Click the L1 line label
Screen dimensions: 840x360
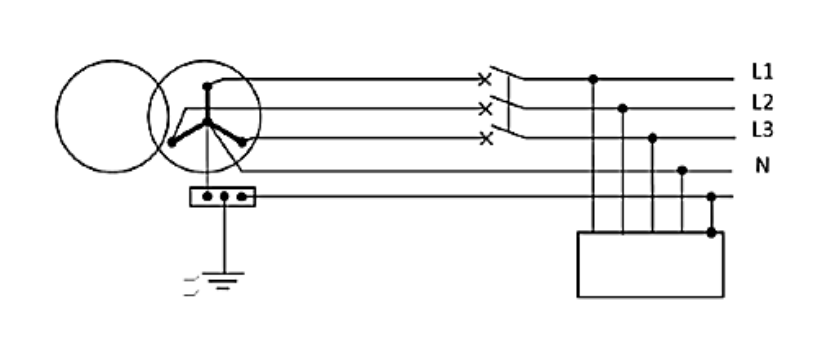click(x=762, y=71)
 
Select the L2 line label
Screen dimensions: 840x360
click(x=762, y=101)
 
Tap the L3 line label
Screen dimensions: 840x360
click(x=762, y=130)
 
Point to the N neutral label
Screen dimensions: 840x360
click(x=762, y=166)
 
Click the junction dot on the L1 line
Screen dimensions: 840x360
click(x=593, y=79)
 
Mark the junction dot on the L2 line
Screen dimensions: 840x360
click(x=622, y=108)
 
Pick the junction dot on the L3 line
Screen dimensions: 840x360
click(x=652, y=138)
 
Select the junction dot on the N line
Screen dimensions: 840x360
click(x=682, y=170)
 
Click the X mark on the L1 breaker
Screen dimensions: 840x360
click(x=484, y=80)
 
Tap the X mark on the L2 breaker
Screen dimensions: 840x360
click(x=485, y=109)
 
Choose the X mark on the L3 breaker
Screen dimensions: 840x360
click(x=486, y=139)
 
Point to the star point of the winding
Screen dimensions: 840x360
click(x=207, y=123)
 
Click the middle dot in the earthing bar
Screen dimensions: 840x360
click(x=224, y=197)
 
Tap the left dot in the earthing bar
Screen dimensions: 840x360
click(x=207, y=197)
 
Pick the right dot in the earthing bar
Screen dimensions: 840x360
click(x=242, y=197)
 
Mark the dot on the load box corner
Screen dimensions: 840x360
click(x=711, y=232)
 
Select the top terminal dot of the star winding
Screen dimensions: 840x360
click(x=207, y=86)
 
